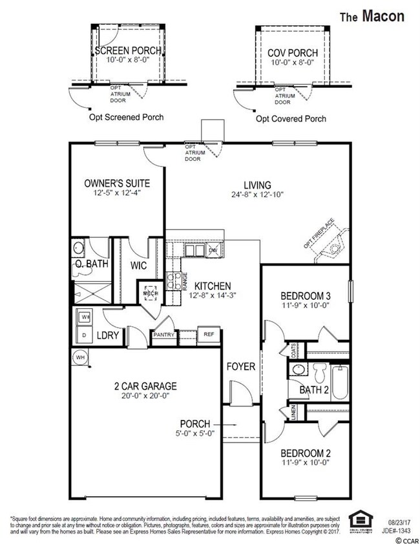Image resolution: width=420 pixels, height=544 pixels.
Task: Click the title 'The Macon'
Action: [x=372, y=16]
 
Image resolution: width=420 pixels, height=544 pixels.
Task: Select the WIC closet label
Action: [x=140, y=265]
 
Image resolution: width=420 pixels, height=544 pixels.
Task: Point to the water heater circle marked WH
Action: [x=80, y=357]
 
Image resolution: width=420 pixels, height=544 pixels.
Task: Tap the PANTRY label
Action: [x=163, y=335]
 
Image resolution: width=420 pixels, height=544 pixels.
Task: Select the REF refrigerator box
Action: [x=209, y=335]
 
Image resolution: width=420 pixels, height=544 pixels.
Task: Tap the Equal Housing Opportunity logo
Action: [x=357, y=522]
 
